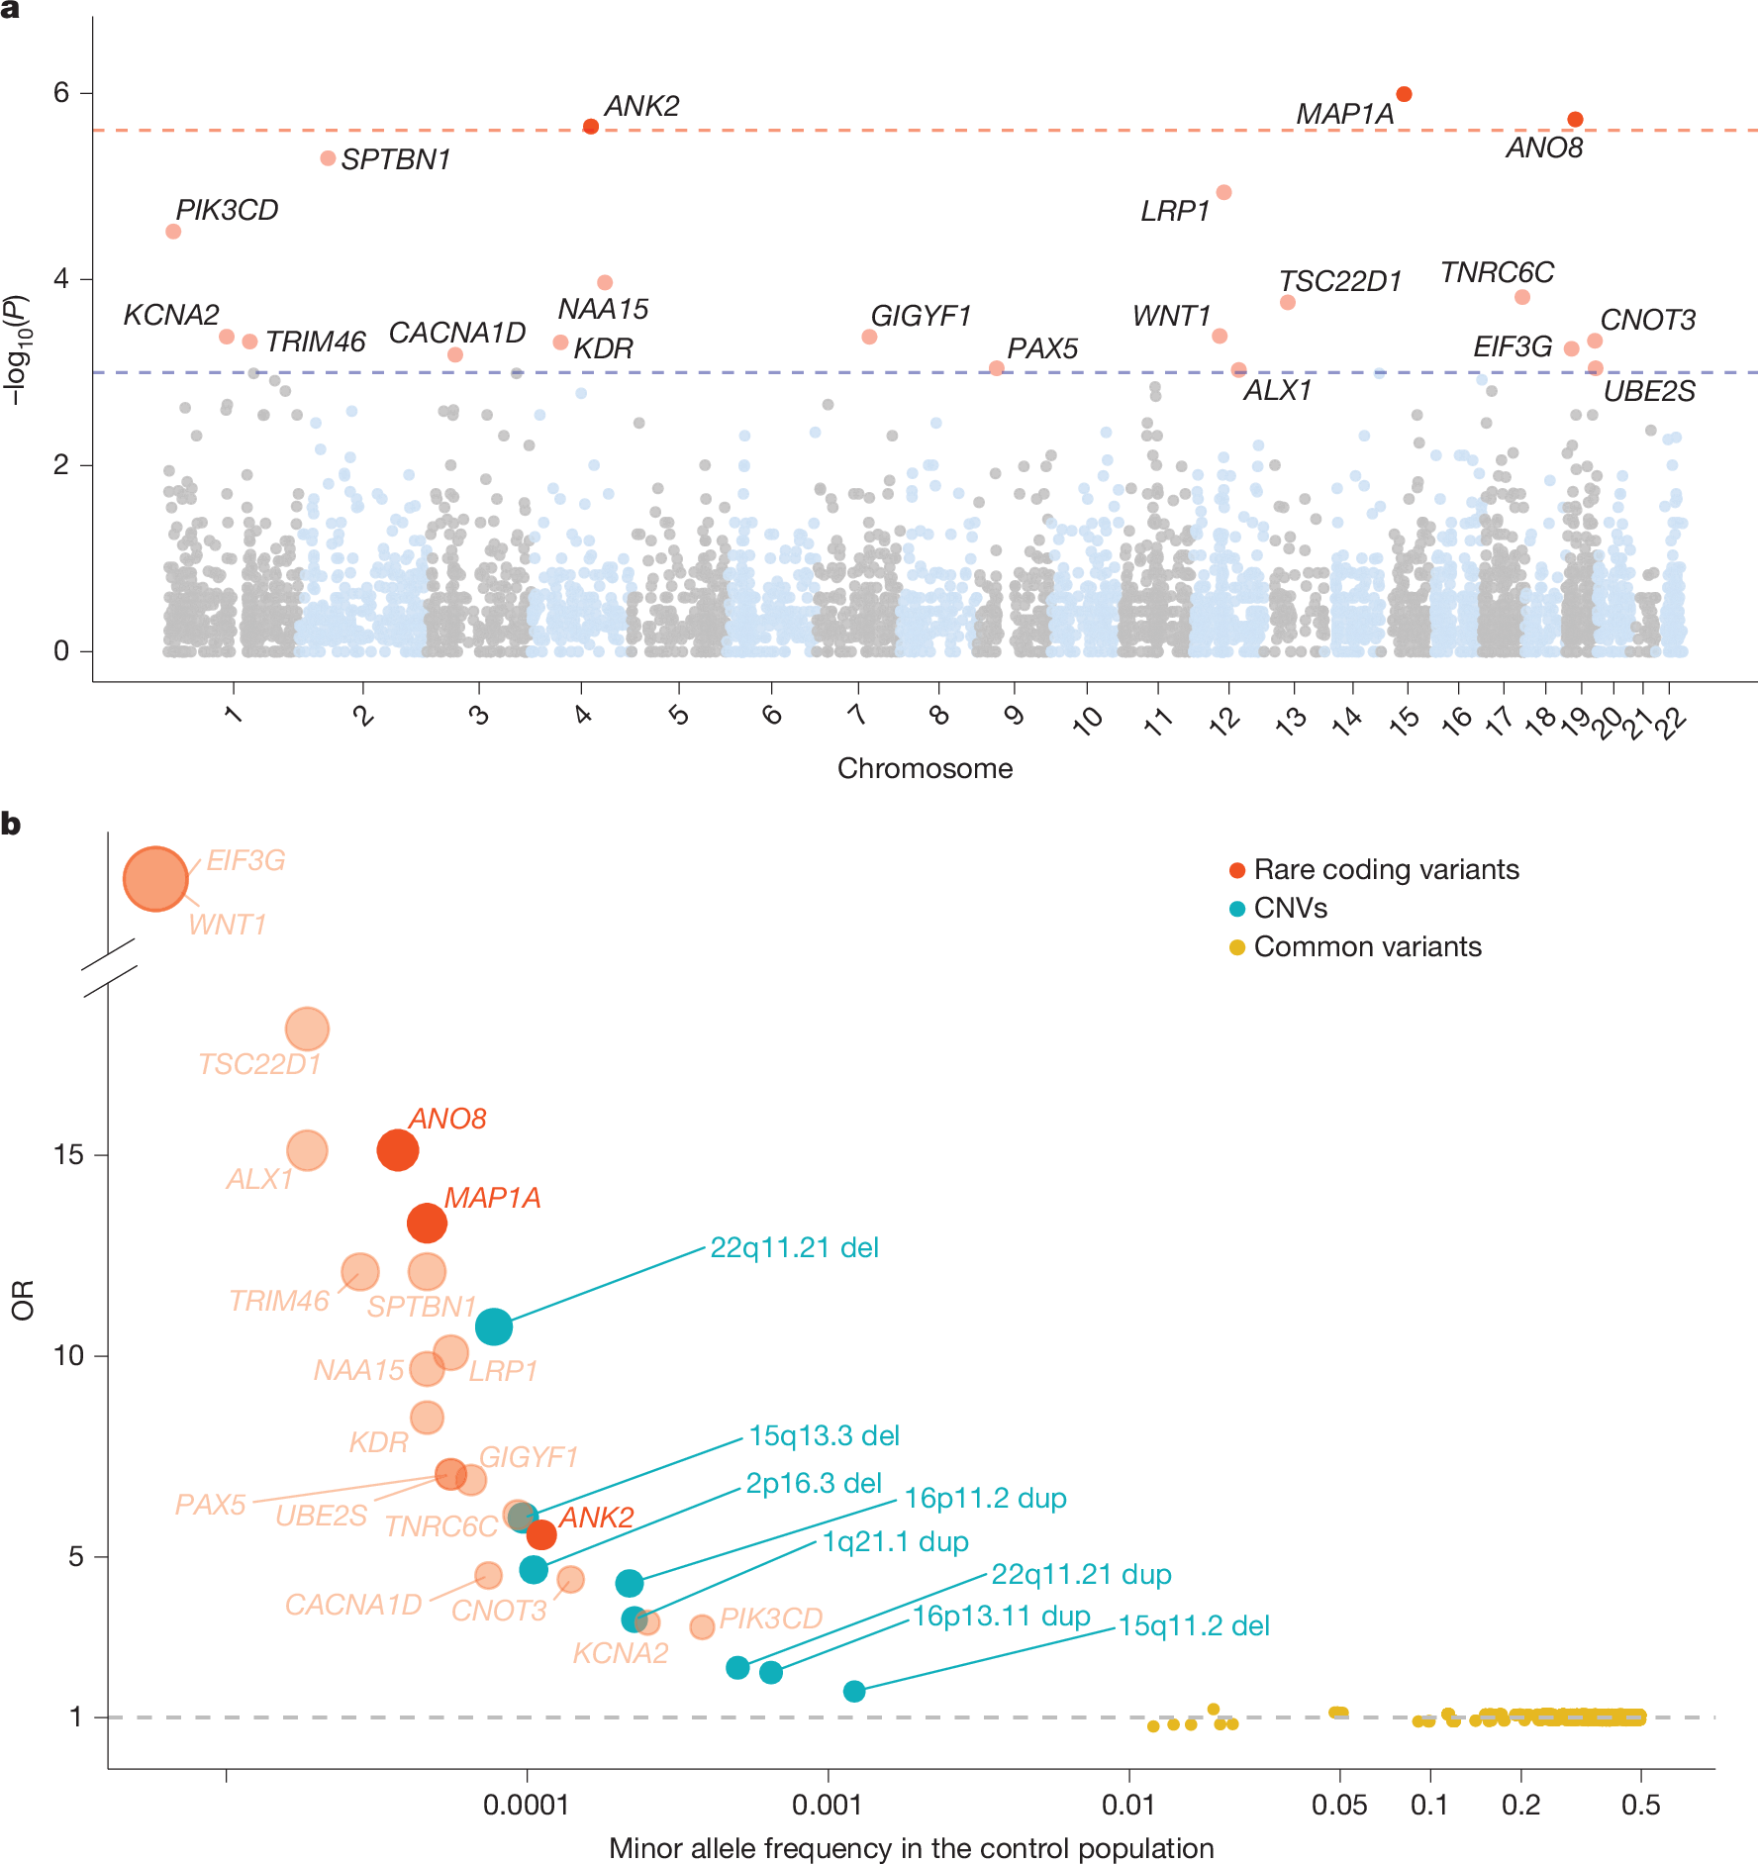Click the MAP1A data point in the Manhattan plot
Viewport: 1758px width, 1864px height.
coord(1404,94)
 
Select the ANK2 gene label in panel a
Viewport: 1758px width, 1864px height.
coord(641,106)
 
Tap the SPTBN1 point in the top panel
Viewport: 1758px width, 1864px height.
coord(328,158)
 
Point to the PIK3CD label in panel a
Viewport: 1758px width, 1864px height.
coord(227,210)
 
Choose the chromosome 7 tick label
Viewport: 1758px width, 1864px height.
coord(857,714)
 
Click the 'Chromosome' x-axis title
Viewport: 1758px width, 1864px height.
coord(925,768)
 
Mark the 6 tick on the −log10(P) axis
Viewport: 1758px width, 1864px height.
coord(62,93)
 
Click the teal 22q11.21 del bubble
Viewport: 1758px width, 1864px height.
coord(494,1326)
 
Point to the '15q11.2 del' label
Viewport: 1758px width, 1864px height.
coord(1194,1625)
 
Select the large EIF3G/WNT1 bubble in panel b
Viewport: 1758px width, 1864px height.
coord(155,878)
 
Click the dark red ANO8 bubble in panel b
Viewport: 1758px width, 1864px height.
coord(398,1150)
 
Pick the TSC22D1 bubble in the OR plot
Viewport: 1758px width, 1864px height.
coord(307,1029)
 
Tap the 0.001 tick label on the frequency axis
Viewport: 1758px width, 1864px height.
coord(828,1805)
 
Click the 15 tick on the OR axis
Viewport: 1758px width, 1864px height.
coord(68,1154)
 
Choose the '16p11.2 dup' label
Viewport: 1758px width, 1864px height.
coord(985,1498)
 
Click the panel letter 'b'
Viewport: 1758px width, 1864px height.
coord(11,824)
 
